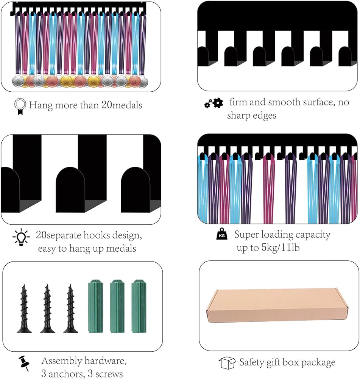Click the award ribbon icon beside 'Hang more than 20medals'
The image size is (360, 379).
pos(20,106)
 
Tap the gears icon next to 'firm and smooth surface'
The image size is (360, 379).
pos(214,103)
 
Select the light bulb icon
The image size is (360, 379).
pos(21,237)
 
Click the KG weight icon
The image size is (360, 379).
pos(222,234)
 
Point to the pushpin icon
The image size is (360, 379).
pos(24,363)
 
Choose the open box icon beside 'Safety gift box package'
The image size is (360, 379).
pos(227,363)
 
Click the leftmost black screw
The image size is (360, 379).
pos(24,309)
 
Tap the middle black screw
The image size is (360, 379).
pos(47,309)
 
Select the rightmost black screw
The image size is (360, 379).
pos(70,309)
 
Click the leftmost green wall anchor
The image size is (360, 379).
pos(96,306)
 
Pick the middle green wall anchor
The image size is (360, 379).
pos(117,306)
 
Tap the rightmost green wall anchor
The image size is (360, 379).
pos(139,306)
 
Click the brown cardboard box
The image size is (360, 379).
pos(277,305)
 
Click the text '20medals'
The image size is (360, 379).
pos(122,105)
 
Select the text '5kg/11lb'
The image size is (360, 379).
pos(281,247)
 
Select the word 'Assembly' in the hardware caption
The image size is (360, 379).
pos(62,361)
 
